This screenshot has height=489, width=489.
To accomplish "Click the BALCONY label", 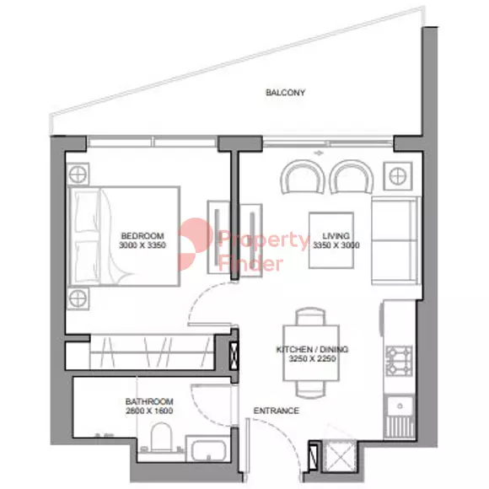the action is click(285, 93).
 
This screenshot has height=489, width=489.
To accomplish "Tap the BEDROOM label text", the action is click(142, 236).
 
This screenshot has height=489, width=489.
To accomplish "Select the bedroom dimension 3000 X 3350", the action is click(142, 245).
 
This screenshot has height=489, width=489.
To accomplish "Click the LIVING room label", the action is click(336, 236).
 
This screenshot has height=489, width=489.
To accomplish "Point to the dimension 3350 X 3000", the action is click(336, 245).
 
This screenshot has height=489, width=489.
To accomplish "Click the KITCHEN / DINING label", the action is click(312, 349).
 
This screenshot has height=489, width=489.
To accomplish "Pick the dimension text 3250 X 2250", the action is click(312, 358).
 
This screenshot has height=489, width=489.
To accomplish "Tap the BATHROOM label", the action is click(149, 401).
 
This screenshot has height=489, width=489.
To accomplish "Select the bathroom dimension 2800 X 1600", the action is click(149, 411).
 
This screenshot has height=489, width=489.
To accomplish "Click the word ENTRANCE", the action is click(276, 411).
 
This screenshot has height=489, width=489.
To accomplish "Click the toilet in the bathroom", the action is click(161, 438).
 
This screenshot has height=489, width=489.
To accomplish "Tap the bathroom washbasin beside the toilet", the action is click(208, 449).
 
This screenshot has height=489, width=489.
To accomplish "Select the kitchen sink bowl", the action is click(400, 406).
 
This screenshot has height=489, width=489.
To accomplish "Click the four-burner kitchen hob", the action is click(399, 361).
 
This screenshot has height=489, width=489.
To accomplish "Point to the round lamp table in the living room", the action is click(398, 176).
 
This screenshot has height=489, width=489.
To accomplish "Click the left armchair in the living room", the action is click(303, 177).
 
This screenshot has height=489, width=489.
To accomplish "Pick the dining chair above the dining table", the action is click(310, 316).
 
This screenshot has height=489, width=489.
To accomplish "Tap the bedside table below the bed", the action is click(78, 298).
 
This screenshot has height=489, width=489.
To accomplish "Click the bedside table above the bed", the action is click(78, 174).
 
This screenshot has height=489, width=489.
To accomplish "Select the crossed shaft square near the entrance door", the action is click(339, 455).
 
